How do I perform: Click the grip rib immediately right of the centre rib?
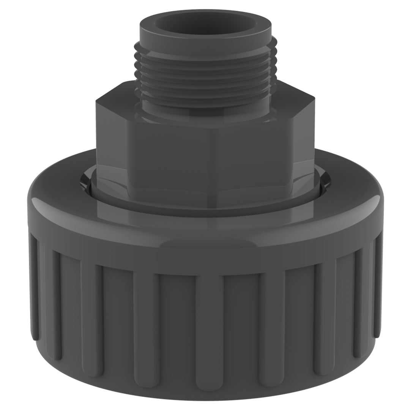(271, 326)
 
